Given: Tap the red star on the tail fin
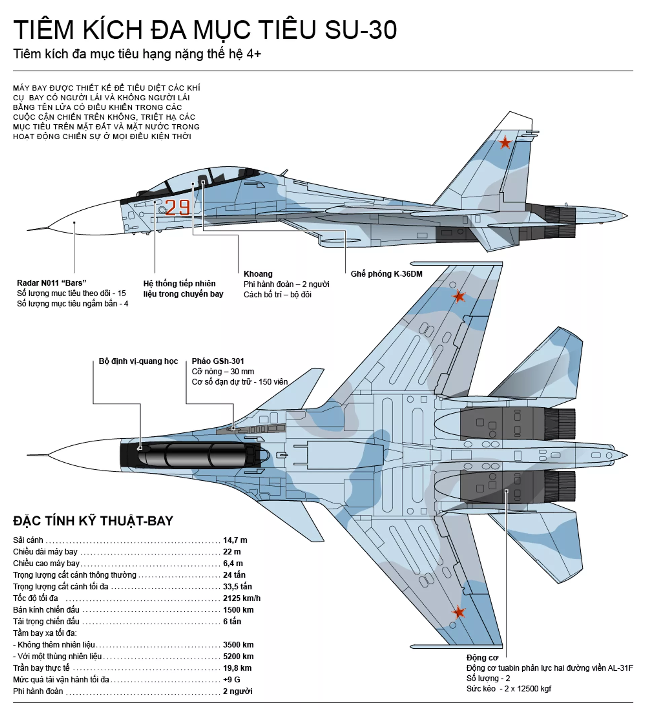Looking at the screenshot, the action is click(505, 143).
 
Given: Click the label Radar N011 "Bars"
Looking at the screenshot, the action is click(51, 283).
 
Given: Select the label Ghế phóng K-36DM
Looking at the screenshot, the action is click(386, 274).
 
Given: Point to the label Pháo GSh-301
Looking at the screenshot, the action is click(218, 361).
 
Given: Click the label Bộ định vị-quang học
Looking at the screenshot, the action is click(138, 361).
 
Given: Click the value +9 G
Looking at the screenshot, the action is click(231, 679).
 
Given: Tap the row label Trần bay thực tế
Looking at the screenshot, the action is click(41, 668).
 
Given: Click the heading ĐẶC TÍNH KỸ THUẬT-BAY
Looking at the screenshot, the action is click(93, 521).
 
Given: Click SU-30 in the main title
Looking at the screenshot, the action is click(361, 30).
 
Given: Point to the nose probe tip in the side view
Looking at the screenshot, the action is click(28, 230).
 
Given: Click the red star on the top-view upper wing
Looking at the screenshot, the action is click(458, 296).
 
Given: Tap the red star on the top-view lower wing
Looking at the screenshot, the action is click(459, 612).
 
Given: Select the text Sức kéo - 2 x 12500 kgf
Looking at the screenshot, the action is click(509, 688).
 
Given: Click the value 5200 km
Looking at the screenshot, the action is click(238, 656).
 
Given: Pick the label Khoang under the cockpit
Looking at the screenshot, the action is click(258, 274).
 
